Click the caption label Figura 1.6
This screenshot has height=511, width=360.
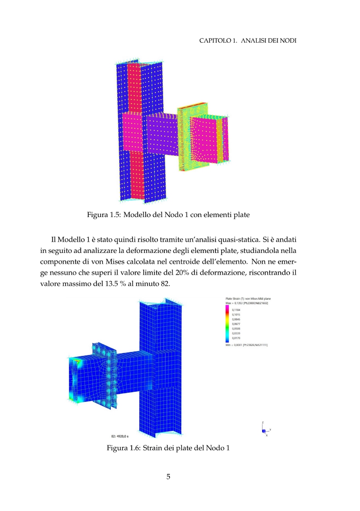coord(123,447)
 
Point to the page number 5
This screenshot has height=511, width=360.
coord(168,476)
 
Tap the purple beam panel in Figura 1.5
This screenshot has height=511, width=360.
coord(162,134)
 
